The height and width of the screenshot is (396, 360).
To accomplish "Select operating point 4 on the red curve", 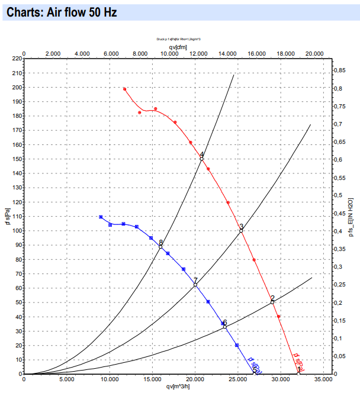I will pos(202,159).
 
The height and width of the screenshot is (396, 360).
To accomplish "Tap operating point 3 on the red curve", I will pos(241,230).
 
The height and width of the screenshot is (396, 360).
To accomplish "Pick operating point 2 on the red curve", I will pos(272,302).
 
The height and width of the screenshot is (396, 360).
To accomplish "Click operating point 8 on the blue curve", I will pos(160,246).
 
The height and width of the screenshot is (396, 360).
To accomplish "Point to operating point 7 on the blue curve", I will pos(195,285).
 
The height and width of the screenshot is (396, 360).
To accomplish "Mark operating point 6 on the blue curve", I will pos(225,327).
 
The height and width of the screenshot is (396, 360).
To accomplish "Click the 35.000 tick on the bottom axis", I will pos(323,379).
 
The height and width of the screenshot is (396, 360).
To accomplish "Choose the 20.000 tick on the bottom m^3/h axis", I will pos(195,379).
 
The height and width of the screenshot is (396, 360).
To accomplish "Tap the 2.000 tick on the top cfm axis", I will pos(53,53).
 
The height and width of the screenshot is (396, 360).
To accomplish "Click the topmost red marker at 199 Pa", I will pos(124,89).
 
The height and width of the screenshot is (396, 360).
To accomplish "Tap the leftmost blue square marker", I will pos(101,217).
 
